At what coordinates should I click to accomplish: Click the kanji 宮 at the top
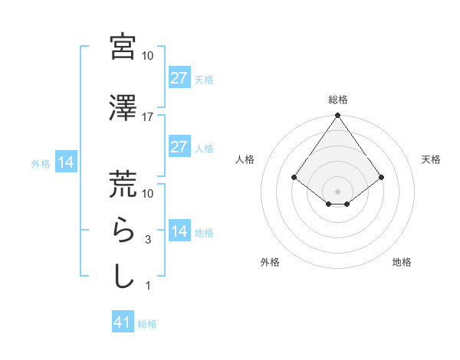click(x=123, y=47)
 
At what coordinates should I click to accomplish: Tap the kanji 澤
click(x=123, y=108)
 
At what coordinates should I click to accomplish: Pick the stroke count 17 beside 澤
click(x=148, y=117)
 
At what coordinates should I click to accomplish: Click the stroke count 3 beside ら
click(x=147, y=240)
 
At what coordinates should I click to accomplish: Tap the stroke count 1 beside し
click(x=147, y=286)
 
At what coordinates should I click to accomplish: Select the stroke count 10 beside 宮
click(x=148, y=56)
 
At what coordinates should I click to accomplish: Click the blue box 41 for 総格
click(x=123, y=322)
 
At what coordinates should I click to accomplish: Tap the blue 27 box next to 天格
click(x=179, y=77)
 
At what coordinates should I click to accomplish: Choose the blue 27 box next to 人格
click(x=179, y=147)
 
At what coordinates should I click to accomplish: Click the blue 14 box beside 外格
click(x=65, y=162)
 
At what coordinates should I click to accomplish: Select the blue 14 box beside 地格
click(x=179, y=231)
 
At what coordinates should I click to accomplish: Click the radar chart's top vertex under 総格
click(x=337, y=116)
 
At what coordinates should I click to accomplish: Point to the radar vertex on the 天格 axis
click(x=382, y=177)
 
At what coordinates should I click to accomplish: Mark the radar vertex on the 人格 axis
click(x=294, y=177)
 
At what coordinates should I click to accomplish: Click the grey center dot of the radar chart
click(x=337, y=191)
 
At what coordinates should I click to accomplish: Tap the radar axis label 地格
click(x=402, y=263)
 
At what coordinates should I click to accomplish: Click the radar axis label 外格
click(x=270, y=263)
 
